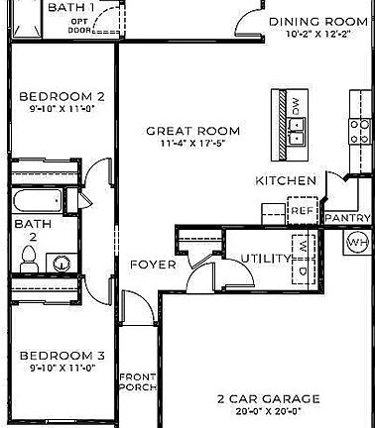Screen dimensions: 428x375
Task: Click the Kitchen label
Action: click(x=287, y=180)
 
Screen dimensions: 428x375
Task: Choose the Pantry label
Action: click(x=347, y=218)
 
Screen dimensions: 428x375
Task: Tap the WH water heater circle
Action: click(x=358, y=241)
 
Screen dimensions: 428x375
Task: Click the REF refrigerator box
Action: click(x=302, y=210)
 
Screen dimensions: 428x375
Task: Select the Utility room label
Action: click(x=265, y=259)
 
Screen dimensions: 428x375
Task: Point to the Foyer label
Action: click(x=153, y=265)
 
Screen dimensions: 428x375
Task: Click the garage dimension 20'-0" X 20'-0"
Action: click(x=269, y=412)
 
